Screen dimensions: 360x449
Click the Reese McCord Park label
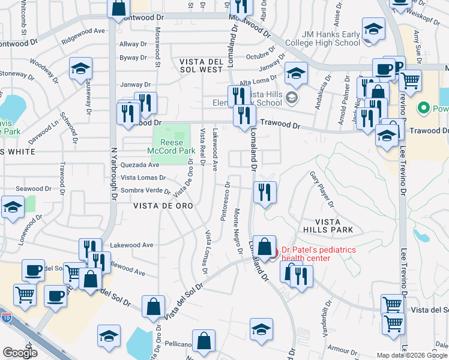coord(171,147)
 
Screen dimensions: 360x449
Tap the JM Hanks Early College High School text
coord(323,38)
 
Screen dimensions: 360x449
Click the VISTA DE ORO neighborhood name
coord(159,206)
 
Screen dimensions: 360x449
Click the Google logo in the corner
coord(20,353)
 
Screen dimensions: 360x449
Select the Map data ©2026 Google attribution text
coord(412,355)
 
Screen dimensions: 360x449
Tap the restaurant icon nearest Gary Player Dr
coord(265,192)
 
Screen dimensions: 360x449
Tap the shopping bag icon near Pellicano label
coord(204,341)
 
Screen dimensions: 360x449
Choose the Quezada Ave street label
coord(140,165)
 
